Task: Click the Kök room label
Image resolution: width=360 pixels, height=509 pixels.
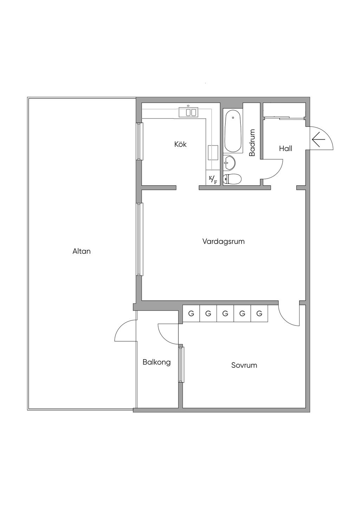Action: click(x=180, y=144)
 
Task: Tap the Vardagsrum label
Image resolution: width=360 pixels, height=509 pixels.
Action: click(x=223, y=241)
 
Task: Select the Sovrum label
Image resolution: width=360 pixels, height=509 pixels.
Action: click(x=244, y=365)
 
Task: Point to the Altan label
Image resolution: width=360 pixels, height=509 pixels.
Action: click(x=81, y=251)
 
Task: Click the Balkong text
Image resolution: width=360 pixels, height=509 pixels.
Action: click(x=156, y=362)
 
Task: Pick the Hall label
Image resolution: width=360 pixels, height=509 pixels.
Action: click(x=285, y=149)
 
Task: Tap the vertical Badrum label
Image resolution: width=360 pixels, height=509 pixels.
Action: click(x=252, y=142)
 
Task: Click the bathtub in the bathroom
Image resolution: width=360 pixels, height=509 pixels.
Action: click(x=233, y=131)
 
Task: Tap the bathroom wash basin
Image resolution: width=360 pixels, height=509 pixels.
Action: click(x=229, y=163)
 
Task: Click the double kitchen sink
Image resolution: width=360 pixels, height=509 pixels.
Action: click(x=188, y=112)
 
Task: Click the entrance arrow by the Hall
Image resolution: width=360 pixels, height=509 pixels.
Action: click(x=319, y=139)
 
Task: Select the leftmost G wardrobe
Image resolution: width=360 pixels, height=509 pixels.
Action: click(x=191, y=314)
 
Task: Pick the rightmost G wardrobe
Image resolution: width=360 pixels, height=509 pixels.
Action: click(x=259, y=314)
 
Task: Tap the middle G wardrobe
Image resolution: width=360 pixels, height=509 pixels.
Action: click(x=225, y=314)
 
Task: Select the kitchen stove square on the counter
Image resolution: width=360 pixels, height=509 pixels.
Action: click(x=213, y=153)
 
